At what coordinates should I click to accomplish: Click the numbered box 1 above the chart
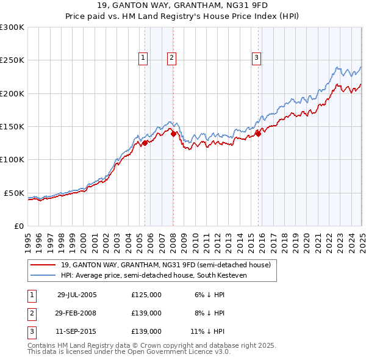point(142,58)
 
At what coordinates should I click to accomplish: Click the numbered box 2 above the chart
point(171,58)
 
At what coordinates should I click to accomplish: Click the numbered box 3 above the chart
point(256,58)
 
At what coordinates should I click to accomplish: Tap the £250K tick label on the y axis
point(12,60)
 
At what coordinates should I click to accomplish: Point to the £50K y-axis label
point(14,193)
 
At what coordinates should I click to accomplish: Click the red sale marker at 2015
point(258,134)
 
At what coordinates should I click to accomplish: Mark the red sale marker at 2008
point(174,134)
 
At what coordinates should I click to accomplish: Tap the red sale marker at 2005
point(145,143)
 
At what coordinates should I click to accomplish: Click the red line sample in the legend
point(43,265)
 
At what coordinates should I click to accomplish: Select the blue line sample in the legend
point(43,275)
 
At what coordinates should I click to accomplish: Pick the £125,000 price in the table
point(146,294)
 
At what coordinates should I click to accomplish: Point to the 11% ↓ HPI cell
point(207,332)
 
